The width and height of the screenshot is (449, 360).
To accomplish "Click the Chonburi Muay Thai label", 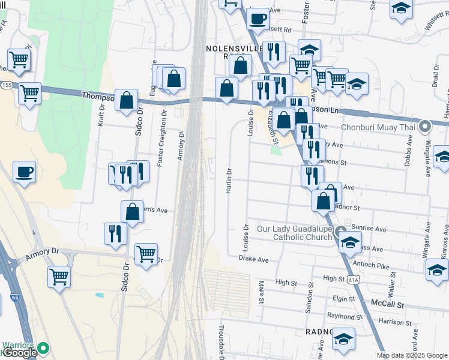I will [378, 127].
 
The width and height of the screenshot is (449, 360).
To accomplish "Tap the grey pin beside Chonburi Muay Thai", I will [426, 127].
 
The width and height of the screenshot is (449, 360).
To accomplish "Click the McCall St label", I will [388, 304].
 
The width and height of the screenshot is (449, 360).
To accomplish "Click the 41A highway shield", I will [354, 278].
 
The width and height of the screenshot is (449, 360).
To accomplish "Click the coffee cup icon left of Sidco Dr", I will [24, 173].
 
